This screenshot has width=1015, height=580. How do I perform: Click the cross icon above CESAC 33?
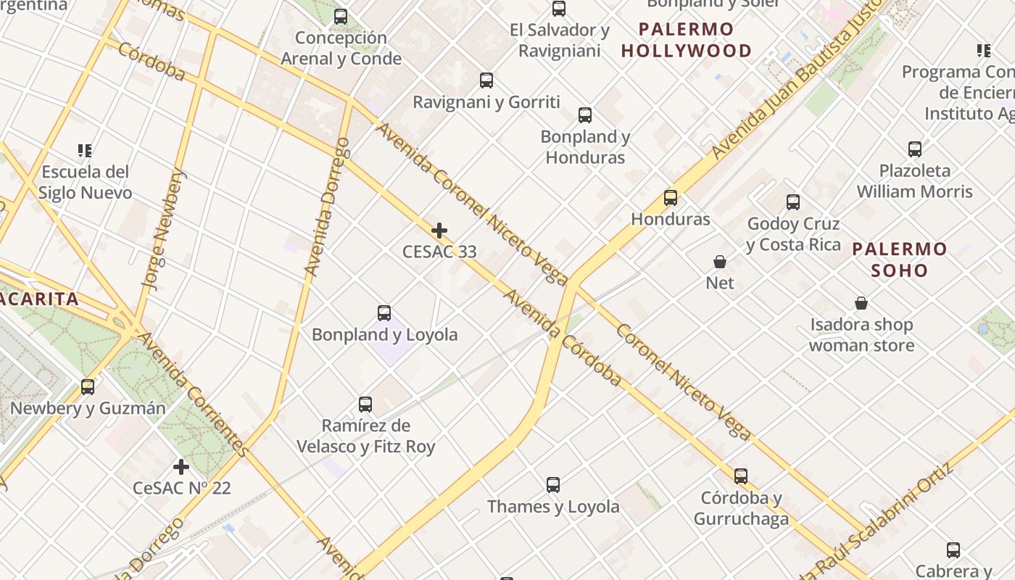click(439, 231)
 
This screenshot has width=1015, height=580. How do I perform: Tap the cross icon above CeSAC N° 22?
click(181, 467)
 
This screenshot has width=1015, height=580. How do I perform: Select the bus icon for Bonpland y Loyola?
click(384, 313)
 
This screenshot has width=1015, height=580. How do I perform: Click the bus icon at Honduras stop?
click(671, 198)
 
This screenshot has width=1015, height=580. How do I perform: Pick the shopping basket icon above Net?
click(720, 262)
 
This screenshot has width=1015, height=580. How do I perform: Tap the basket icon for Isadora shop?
click(861, 303)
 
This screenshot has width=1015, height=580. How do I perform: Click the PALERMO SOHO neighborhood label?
click(899, 260)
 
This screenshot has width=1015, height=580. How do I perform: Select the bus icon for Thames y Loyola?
click(553, 485)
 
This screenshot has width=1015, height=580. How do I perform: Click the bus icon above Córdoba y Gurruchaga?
click(741, 476)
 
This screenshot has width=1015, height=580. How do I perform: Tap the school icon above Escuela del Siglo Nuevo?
click(85, 151)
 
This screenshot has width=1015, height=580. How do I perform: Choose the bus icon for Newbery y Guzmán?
click(88, 387)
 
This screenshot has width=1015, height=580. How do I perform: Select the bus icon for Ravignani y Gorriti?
click(486, 80)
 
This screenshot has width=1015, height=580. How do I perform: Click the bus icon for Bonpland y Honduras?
click(585, 115)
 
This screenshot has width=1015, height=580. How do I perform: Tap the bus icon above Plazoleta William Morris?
click(915, 149)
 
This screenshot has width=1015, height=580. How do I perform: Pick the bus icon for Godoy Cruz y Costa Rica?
click(793, 202)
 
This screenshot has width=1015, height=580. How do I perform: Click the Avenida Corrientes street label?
click(193, 394)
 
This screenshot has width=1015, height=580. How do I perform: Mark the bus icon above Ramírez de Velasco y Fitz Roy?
click(365, 405)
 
